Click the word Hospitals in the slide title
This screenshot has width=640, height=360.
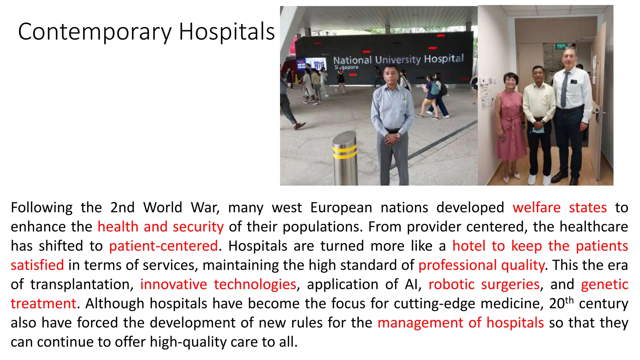tap(227, 32)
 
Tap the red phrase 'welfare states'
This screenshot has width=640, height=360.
tap(559, 208)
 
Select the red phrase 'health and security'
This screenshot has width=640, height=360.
tap(161, 227)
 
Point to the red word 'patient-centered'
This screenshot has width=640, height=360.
tap(163, 246)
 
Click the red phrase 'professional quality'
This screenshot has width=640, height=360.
tap(482, 265)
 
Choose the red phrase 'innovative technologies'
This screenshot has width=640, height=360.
tap(218, 284)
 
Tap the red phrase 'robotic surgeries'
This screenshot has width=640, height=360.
tap(484, 284)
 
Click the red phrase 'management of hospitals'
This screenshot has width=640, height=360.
tap(461, 323)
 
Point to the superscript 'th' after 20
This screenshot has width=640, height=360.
tap(569, 300)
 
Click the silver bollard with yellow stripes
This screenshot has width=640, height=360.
tap(344, 158)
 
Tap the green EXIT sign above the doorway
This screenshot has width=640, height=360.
tap(561, 47)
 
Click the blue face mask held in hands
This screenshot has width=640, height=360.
tap(538, 129)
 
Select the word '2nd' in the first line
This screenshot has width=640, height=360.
tap(122, 208)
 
